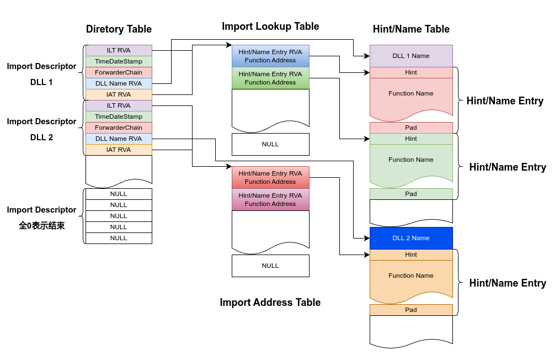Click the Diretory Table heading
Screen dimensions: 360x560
coord(119,29)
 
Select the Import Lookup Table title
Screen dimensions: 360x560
coord(270,27)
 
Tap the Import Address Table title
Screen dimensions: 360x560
coord(270,302)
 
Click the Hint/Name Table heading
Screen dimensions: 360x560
coord(411,29)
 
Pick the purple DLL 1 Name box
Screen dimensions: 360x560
coord(411,56)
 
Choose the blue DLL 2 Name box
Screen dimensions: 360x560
coord(411,238)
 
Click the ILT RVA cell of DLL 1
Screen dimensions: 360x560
coord(119,50)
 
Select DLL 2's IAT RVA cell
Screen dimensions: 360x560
coord(119,150)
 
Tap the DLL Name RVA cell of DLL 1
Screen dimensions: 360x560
coord(119,83)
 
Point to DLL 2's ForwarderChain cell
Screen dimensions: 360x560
coord(119,128)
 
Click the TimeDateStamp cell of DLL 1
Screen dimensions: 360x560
coord(119,61)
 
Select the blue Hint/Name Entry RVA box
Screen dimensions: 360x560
coord(270,56)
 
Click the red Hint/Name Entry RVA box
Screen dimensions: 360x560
coord(270,177)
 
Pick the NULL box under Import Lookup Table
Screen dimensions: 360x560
coord(270,144)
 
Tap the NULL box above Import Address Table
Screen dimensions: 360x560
coord(270,266)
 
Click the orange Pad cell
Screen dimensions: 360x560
coord(411,310)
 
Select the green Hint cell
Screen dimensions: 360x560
coord(411,139)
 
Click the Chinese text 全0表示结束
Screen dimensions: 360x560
coord(42,225)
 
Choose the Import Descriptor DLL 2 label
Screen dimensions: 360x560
coord(42,129)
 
